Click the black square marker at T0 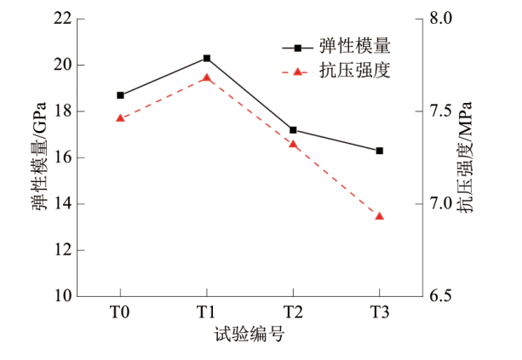point(120,95)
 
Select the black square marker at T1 point(207,58)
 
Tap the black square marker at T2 point(293,130)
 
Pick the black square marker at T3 point(380,151)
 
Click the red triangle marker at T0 point(120,118)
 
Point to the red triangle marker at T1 point(207,77)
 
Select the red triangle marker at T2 point(293,144)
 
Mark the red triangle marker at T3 point(380,216)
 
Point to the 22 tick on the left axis point(62,19)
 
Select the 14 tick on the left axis point(62,204)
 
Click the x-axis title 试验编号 point(250,334)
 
